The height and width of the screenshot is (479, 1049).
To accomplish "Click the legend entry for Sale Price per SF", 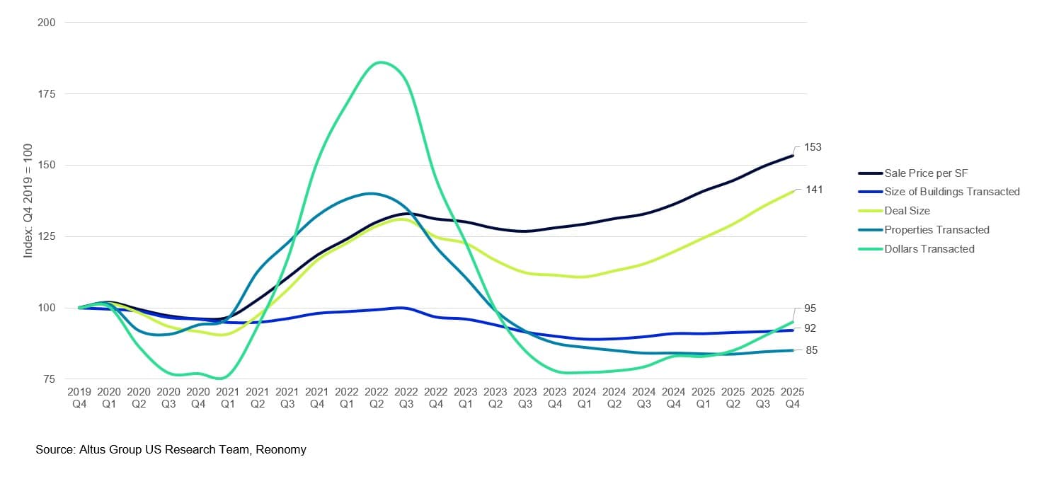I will tap(927, 173).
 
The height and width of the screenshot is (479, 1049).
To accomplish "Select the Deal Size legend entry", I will tap(907, 211).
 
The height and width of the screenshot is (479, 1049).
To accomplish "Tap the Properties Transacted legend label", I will tap(936, 230).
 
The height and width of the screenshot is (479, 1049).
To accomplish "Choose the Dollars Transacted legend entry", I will tap(929, 249).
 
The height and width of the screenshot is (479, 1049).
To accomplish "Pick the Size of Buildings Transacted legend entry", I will tap(951, 192).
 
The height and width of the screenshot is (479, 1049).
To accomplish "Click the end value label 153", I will tap(813, 147).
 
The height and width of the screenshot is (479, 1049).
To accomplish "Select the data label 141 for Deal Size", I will tap(813, 190).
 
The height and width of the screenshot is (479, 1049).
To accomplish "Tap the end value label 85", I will tap(813, 350).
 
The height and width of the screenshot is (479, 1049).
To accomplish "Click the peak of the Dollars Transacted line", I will tap(380, 62).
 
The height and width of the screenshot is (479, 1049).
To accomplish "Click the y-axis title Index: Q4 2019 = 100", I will tap(28, 202).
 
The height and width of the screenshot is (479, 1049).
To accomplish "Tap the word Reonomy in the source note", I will tap(282, 449).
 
